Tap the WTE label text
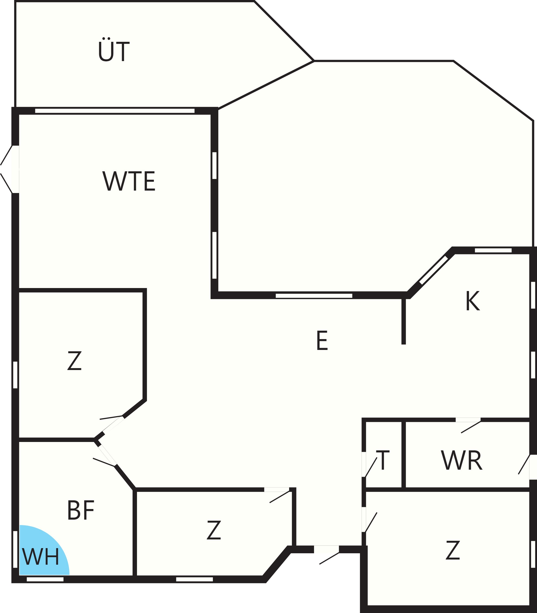[129, 181]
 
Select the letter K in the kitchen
[472, 301]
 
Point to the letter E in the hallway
[322, 340]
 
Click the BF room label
[81, 510]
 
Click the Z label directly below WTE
[74, 361]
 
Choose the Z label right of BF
[214, 530]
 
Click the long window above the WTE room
[115, 111]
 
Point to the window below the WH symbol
[45, 579]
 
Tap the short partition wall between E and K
[404, 321]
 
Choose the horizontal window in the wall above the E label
[314, 296]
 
